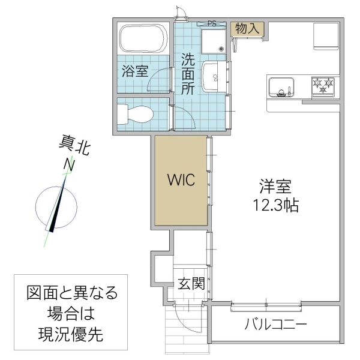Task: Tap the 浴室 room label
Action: [135, 71]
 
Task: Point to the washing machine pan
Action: [214, 41]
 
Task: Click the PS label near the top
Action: [211, 24]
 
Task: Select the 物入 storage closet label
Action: [248, 29]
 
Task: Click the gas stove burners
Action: [324, 87]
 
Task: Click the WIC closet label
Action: [181, 181]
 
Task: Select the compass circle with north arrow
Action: [56, 207]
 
